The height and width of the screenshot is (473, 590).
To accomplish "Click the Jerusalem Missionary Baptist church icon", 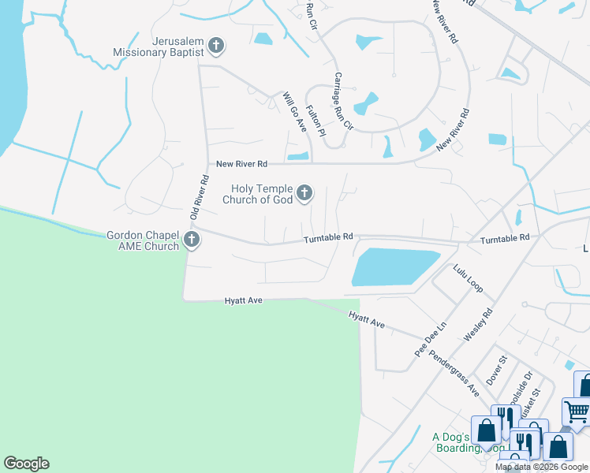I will pyautogui.click(x=216, y=47).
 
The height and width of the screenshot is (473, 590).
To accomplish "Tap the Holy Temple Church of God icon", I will pyautogui.click(x=304, y=193).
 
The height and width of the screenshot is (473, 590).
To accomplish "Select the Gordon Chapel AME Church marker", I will pyautogui.click(x=191, y=240).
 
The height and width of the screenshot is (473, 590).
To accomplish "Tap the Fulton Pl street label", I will pyautogui.click(x=316, y=122).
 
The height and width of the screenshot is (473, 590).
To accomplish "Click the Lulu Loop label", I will pyautogui.click(x=467, y=278).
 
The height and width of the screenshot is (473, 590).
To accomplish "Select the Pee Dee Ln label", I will pyautogui.click(x=431, y=338).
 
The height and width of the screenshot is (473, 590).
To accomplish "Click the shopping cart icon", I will pyautogui.click(x=577, y=412).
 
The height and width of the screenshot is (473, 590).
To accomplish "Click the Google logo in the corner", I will pyautogui.click(x=26, y=464).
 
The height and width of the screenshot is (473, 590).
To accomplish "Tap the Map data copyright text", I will pyautogui.click(x=541, y=467).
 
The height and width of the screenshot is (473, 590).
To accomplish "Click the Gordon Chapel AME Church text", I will pyautogui.click(x=143, y=240).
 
